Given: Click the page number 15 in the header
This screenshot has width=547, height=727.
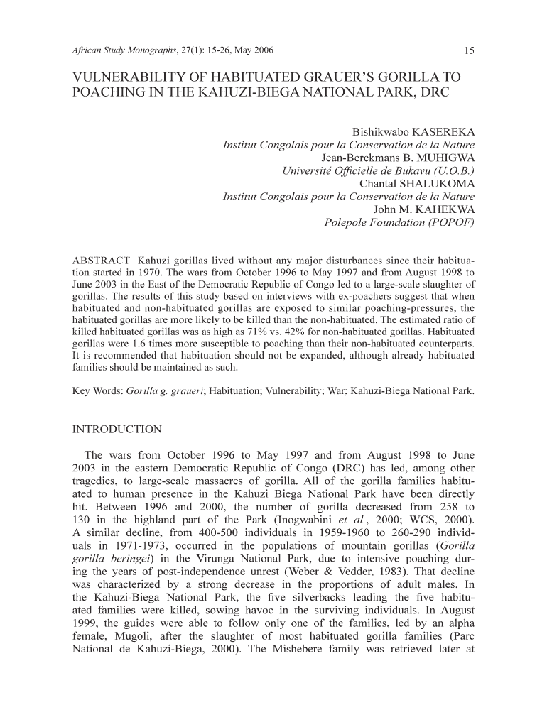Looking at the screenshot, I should [x=468, y=50].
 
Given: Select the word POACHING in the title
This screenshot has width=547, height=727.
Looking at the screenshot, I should [x=109, y=94].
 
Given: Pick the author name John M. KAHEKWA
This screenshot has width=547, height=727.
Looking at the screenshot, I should [x=423, y=209].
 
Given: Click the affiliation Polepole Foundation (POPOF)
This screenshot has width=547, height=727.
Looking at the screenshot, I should [x=399, y=222].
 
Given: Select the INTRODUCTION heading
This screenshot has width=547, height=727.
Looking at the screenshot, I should [x=117, y=430].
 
